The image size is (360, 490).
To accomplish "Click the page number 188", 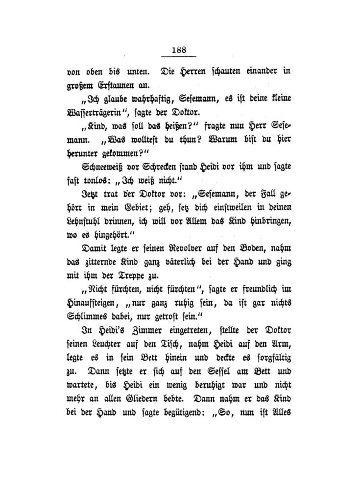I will (x=180, y=49).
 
